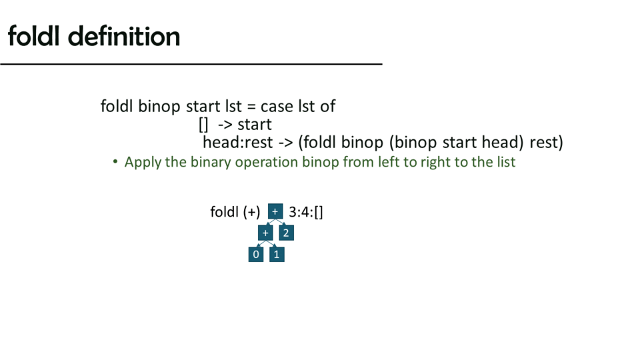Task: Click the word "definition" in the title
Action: pos(124,36)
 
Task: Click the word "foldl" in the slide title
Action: pos(34,36)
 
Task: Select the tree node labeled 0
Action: pos(256,254)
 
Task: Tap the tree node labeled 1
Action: pos(277,254)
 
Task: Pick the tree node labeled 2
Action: pos(286,233)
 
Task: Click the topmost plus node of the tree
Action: pos(275,211)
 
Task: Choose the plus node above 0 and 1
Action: pos(265,233)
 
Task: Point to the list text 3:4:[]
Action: pos(306,212)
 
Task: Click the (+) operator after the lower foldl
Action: pos(251,212)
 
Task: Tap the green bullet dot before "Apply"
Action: pos(115,162)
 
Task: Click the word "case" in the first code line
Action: pos(277,107)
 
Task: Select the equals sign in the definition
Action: pos(251,107)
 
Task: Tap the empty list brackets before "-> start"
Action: pos(203,125)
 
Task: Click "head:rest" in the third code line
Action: pos(238,143)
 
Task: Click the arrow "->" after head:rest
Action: pos(286,143)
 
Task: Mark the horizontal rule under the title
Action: pos(191,64)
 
